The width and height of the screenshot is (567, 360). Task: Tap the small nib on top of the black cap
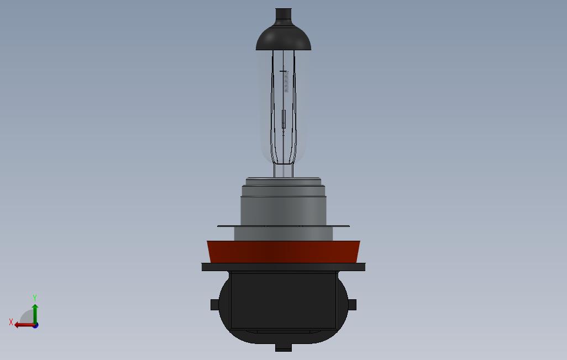click(283, 14)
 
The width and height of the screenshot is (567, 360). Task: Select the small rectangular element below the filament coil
click(283, 119)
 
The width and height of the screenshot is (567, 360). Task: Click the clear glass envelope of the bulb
click(265, 110)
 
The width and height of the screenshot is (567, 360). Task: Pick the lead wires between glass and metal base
click(283, 171)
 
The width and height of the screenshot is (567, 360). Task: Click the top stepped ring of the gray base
click(283, 182)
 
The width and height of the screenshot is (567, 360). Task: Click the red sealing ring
click(283, 252)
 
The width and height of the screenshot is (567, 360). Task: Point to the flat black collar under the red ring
click(283, 267)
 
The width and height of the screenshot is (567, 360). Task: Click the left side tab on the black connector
click(214, 304)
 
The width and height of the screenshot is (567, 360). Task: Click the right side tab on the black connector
click(353, 304)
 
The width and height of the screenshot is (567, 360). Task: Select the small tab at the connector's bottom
click(283, 347)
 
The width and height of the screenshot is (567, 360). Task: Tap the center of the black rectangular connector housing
click(283, 301)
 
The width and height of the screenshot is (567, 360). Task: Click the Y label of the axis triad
click(35, 298)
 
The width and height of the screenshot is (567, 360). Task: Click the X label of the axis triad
click(11, 322)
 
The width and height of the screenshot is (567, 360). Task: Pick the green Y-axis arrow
click(35, 312)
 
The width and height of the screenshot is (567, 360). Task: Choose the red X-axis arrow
click(23, 325)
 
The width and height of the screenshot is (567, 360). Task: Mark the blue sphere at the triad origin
click(35, 325)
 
